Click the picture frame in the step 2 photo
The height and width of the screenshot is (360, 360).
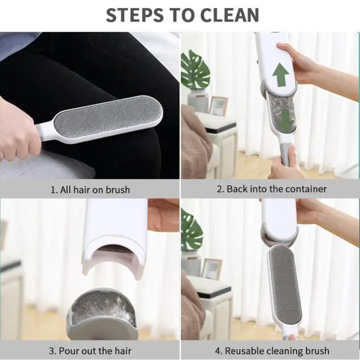(217, 105)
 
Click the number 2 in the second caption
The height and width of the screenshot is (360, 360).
(219, 189)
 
